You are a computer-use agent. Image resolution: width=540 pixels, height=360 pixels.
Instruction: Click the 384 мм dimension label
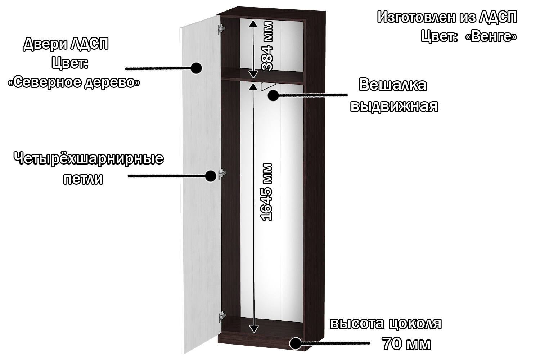coord(267,46)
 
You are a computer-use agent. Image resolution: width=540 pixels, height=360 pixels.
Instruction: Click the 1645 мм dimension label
coord(267,192)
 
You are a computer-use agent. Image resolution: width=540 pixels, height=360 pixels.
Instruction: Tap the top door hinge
coord(221,30)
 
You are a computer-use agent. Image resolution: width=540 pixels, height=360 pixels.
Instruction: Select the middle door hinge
coord(222,174)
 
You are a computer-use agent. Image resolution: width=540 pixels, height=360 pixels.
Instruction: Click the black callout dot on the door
coord(196,68)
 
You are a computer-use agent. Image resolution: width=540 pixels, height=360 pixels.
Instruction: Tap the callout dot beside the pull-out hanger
coord(273,95)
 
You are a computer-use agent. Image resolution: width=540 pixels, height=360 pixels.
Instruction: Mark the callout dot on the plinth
coord(295,343)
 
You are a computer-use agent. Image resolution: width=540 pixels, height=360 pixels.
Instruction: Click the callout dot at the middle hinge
coord(211,176)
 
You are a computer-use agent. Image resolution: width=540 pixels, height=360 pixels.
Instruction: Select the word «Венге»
coord(491,37)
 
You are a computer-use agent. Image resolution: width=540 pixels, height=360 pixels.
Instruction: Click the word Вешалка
coord(393,85)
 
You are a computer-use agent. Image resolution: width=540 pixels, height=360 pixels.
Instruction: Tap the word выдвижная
coord(394,106)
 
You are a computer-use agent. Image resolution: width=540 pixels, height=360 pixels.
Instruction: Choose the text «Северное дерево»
coord(74,82)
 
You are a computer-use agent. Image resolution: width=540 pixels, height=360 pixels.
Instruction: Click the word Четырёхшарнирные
coord(89,159)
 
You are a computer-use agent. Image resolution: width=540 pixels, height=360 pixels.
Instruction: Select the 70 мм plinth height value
coord(406,344)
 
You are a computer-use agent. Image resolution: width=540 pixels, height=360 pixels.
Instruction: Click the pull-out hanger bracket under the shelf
coord(267,86)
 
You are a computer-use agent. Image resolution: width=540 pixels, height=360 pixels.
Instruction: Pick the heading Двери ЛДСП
coord(66,44)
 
